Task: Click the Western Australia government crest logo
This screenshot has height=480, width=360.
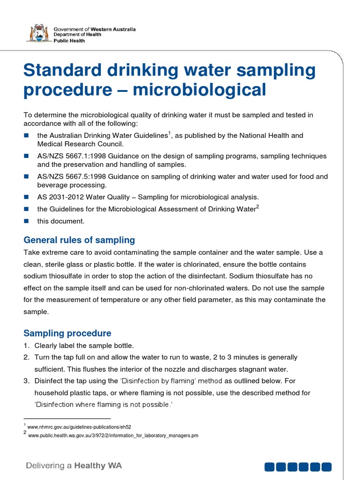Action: pyautogui.click(x=38, y=34)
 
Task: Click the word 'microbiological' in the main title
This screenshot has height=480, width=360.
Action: pyautogui.click(x=199, y=89)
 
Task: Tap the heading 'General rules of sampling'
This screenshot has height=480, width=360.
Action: pyautogui.click(x=79, y=240)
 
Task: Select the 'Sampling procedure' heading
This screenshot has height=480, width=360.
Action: pyautogui.click(x=67, y=333)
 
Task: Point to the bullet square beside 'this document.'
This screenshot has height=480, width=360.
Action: pyautogui.click(x=26, y=221)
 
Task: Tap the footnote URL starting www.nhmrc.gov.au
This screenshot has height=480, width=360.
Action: pyautogui.click(x=79, y=427)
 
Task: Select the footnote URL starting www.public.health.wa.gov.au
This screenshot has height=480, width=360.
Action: pyautogui.click(x=113, y=435)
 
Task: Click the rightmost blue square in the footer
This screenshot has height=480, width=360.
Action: pyautogui.click(x=326, y=466)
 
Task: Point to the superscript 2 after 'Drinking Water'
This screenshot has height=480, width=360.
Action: pyautogui.click(x=257, y=207)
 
